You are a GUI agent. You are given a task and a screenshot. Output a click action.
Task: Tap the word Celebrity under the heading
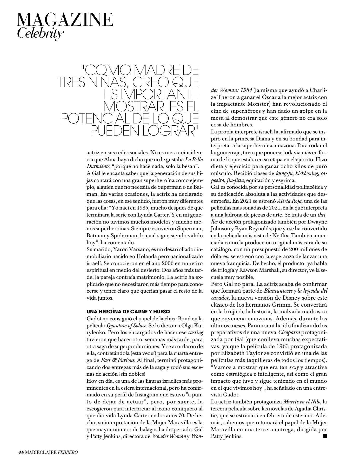click(40, 33)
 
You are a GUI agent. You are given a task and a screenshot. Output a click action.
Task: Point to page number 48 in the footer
click(21, 452)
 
